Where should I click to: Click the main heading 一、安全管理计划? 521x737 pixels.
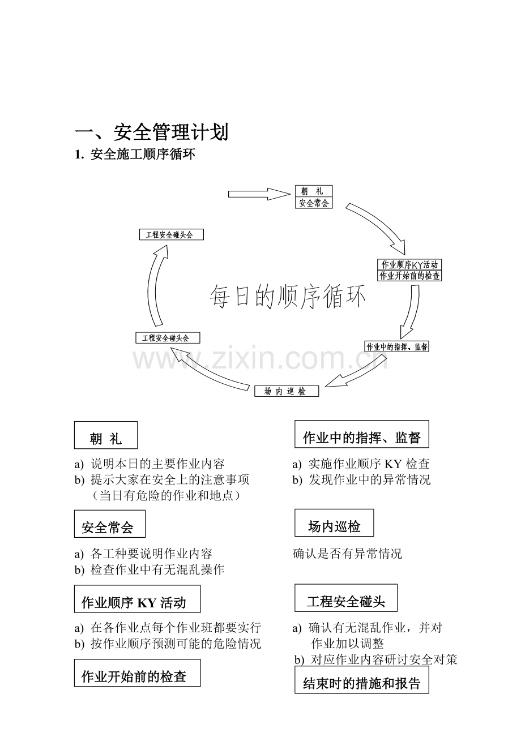(151, 132)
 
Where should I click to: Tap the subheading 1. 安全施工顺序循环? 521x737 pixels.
(135, 155)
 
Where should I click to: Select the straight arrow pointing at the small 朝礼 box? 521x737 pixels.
(259, 194)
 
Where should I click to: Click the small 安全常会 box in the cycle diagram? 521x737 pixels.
(314, 203)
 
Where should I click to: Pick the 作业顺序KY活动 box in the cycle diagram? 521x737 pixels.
(409, 264)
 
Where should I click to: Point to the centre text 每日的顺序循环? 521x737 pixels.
(288, 297)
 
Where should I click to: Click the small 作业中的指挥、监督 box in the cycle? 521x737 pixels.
(396, 346)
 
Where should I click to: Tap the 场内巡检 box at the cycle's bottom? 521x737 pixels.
(287, 391)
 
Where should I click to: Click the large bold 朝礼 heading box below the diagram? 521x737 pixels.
(106, 435)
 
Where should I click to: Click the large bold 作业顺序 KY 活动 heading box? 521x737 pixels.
(137, 599)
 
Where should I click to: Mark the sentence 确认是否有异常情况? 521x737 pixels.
(347, 554)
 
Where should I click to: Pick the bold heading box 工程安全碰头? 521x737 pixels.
(346, 598)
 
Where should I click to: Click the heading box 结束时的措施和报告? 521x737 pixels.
(362, 680)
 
